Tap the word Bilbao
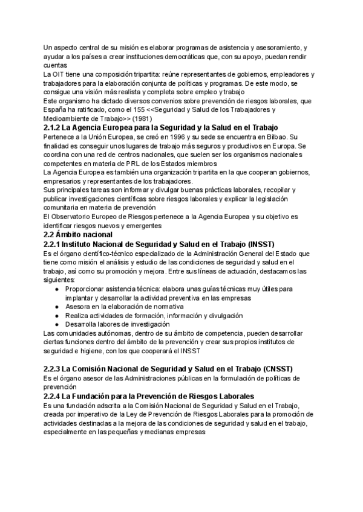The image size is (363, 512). click(x=279, y=138)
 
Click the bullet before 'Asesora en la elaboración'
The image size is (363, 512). click(x=56, y=307)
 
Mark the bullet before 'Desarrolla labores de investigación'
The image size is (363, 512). click(x=56, y=324)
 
